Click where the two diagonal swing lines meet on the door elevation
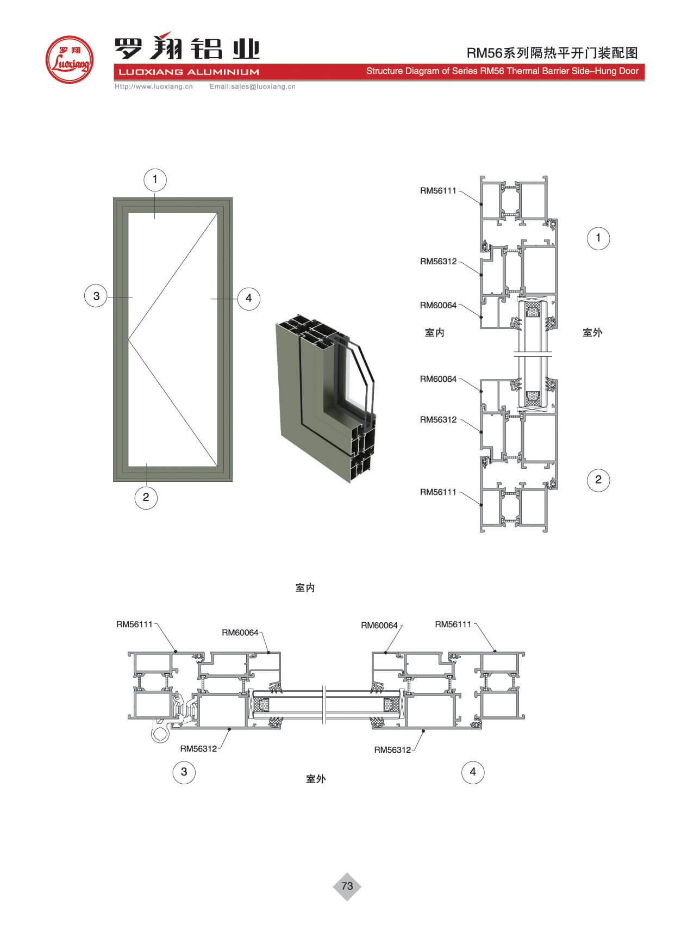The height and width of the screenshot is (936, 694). click(x=128, y=339)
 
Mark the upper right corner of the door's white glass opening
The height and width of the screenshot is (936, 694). click(x=218, y=213)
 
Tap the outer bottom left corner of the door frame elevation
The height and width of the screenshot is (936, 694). click(x=114, y=481)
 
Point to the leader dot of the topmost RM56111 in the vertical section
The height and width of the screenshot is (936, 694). click(x=481, y=204)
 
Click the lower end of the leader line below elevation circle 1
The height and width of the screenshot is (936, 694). click(x=155, y=218)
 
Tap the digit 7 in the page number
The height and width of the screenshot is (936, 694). click(x=344, y=886)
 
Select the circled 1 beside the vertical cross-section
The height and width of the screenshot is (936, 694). click(x=598, y=238)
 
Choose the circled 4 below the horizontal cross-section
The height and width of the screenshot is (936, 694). click(x=473, y=772)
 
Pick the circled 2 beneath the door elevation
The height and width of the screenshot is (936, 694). click(x=146, y=497)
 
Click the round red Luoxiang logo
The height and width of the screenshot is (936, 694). click(x=69, y=60)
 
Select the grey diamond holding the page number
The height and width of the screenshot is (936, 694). click(x=347, y=886)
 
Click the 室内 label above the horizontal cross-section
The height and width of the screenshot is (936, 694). click(x=305, y=588)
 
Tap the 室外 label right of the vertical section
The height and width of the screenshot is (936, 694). click(x=592, y=332)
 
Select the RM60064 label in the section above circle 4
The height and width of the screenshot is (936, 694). click(x=379, y=625)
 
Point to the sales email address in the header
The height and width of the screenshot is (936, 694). click(x=253, y=86)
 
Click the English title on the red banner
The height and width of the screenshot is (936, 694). click(x=502, y=71)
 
